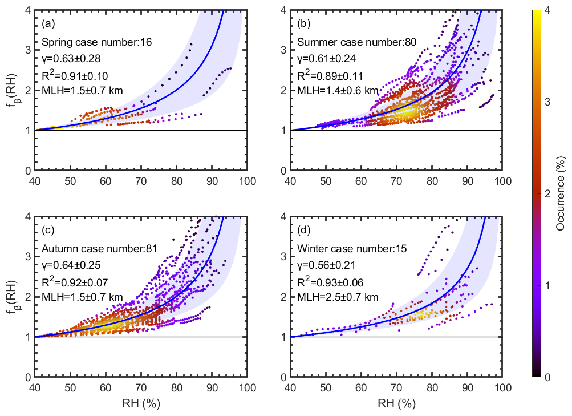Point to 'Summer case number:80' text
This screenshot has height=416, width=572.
(x=343, y=42)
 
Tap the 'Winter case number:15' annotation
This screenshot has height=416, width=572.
(x=341, y=248)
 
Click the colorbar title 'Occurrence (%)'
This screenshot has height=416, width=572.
(x=560, y=193)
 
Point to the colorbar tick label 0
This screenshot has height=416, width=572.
(x=546, y=377)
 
